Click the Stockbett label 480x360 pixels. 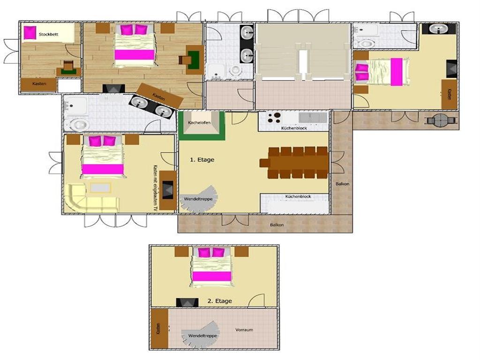[x=48, y=34]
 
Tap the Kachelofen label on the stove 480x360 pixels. [x=199, y=122]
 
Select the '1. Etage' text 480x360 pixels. [x=202, y=159]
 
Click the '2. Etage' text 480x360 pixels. [x=220, y=301]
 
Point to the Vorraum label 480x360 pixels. [x=244, y=330]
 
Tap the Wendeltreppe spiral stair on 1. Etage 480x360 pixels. [x=198, y=199]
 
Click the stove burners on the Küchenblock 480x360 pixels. [x=274, y=118]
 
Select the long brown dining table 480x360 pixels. [x=294, y=163]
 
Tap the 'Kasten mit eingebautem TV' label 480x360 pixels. [x=155, y=188]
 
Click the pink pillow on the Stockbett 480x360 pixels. [x=30, y=32]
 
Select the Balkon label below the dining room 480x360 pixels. [x=277, y=225]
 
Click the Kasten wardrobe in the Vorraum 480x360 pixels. [x=160, y=328]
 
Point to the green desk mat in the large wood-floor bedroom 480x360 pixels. [x=194, y=60]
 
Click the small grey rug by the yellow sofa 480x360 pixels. [x=100, y=187]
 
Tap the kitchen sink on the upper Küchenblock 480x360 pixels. [x=313, y=118]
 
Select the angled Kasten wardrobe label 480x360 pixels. [x=159, y=97]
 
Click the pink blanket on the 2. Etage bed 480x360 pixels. [x=211, y=276]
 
